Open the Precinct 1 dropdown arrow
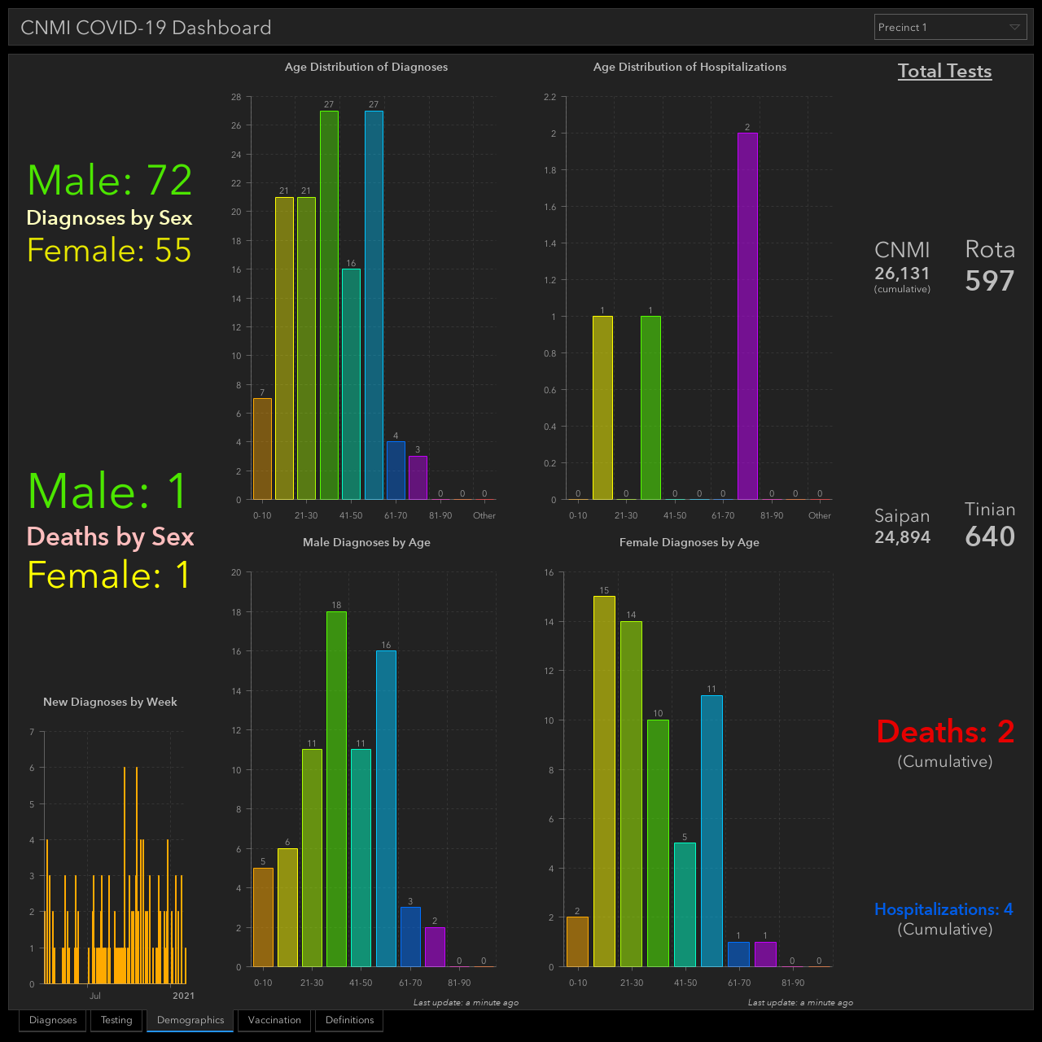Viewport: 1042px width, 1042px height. [x=1014, y=27]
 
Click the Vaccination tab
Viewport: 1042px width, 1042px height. [x=274, y=1020]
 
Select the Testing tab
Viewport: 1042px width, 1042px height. [x=116, y=1020]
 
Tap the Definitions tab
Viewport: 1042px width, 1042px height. [x=349, y=1020]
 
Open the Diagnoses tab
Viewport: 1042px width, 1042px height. [x=52, y=1020]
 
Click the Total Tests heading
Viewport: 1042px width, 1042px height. [x=944, y=71]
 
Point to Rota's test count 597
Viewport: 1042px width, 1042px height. [x=990, y=281]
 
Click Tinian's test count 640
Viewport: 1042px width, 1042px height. [x=990, y=536]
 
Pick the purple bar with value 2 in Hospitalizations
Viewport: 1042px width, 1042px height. [x=747, y=317]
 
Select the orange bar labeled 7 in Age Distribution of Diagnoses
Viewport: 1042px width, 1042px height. [x=262, y=449]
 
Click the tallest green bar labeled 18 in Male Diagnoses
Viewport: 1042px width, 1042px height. [x=336, y=789]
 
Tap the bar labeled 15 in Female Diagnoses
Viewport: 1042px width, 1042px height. [x=604, y=781]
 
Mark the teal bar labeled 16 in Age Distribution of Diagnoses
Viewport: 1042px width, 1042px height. [x=351, y=384]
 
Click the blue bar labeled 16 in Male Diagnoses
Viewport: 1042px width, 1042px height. [x=386, y=809]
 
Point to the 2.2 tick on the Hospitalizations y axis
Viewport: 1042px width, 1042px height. [x=550, y=98]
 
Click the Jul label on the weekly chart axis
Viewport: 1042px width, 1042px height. [x=95, y=996]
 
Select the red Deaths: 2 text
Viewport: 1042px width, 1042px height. [x=945, y=732]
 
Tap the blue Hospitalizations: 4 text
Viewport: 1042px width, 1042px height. [x=943, y=909]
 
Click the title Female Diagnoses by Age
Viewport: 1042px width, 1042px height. [x=689, y=542]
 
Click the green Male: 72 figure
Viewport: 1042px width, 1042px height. [x=110, y=180]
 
